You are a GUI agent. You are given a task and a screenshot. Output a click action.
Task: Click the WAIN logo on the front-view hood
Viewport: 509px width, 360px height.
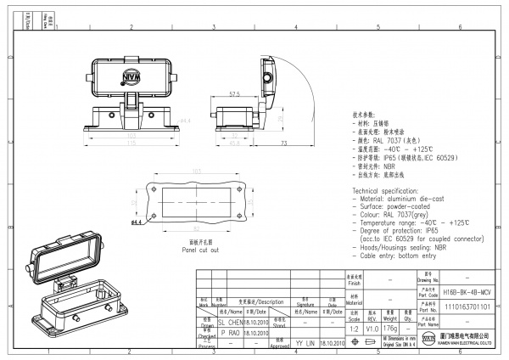click(132, 81)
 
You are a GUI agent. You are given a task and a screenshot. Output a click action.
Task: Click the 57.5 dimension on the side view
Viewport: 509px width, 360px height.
click(233, 94)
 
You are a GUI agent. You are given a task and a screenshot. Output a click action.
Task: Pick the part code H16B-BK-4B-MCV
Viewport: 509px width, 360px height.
click(467, 290)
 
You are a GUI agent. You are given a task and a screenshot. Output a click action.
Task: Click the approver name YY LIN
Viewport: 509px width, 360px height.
click(305, 343)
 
